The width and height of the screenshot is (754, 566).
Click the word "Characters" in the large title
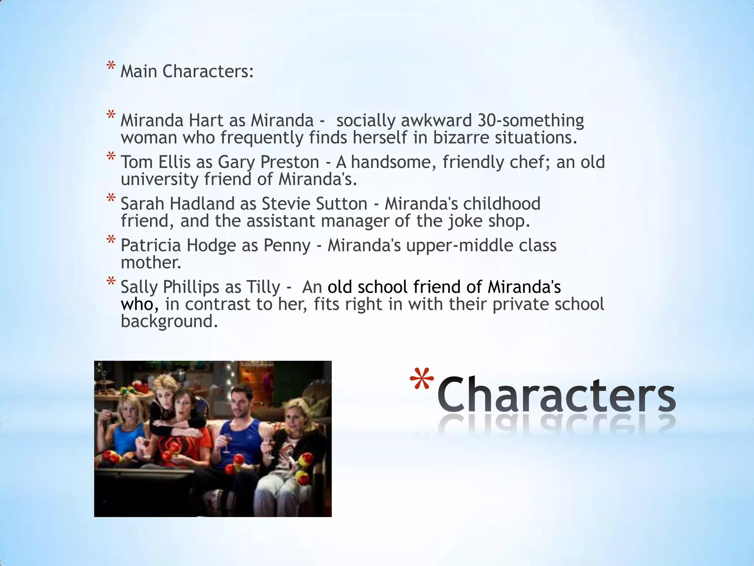tap(556, 395)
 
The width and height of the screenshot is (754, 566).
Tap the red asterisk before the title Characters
tap(422, 380)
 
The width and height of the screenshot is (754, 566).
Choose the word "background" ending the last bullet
tap(169, 321)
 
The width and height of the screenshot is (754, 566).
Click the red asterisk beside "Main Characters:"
tap(110, 67)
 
